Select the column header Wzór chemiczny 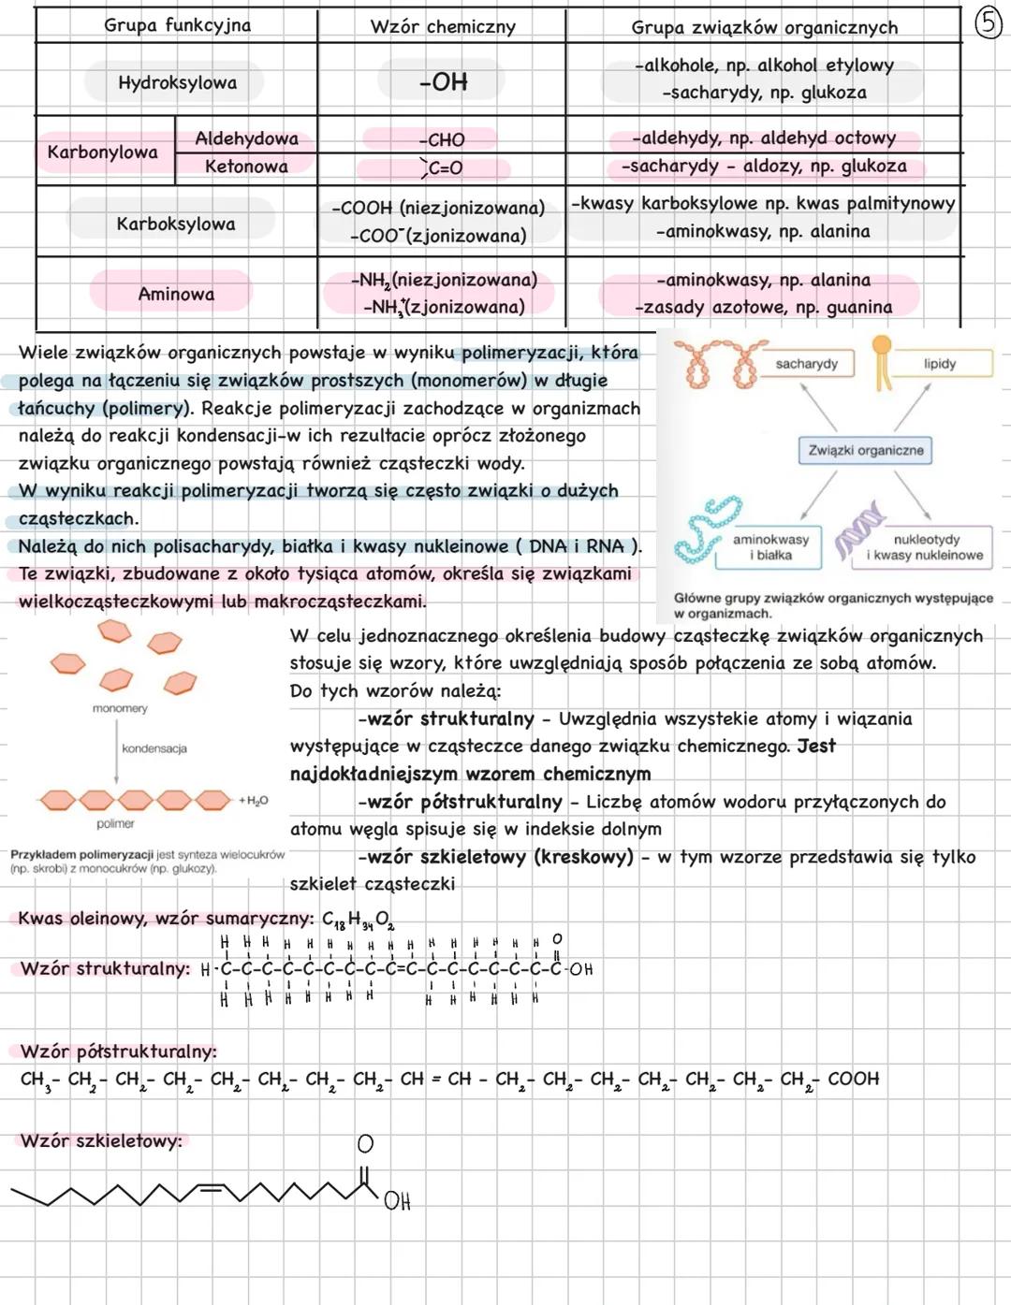(x=442, y=27)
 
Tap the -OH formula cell (x=443, y=82)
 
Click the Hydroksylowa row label (x=177, y=82)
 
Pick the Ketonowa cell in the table (x=246, y=167)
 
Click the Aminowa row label (x=176, y=294)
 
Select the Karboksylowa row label (x=176, y=224)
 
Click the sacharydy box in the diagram (x=806, y=363)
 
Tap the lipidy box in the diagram (x=939, y=363)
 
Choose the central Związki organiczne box (x=865, y=450)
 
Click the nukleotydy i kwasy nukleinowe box (x=925, y=547)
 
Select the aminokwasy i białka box (x=770, y=547)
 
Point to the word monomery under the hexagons (x=120, y=708)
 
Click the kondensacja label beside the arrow (x=154, y=748)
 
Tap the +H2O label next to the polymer (x=253, y=801)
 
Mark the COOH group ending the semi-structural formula (x=853, y=1079)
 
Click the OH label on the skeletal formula (x=397, y=1201)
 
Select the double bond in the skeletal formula (x=211, y=1188)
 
